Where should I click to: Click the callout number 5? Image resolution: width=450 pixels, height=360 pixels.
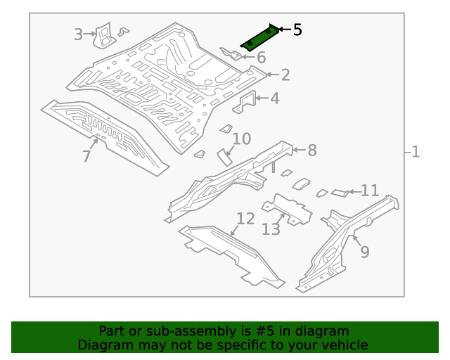(297, 30)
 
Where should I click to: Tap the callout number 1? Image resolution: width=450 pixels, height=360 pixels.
(416, 151)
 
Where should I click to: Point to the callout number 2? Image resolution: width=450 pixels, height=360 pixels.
(285, 75)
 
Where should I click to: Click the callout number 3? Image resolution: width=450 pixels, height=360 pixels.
(79, 33)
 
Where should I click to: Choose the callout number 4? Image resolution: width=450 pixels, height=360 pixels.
(274, 98)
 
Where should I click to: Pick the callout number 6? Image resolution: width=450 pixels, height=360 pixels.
(261, 58)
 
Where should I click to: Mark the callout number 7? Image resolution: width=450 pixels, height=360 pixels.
(86, 156)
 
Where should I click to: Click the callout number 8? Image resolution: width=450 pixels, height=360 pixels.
(311, 150)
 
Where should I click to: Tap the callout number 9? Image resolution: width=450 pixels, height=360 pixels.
(364, 251)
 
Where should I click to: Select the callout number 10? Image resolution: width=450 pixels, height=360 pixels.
(241, 139)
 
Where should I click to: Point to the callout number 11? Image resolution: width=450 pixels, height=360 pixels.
(370, 191)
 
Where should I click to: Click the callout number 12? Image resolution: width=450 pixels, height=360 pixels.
(245, 219)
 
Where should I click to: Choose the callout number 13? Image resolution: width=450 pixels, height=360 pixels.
(271, 229)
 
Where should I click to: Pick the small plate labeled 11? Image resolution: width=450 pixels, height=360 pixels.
(340, 191)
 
